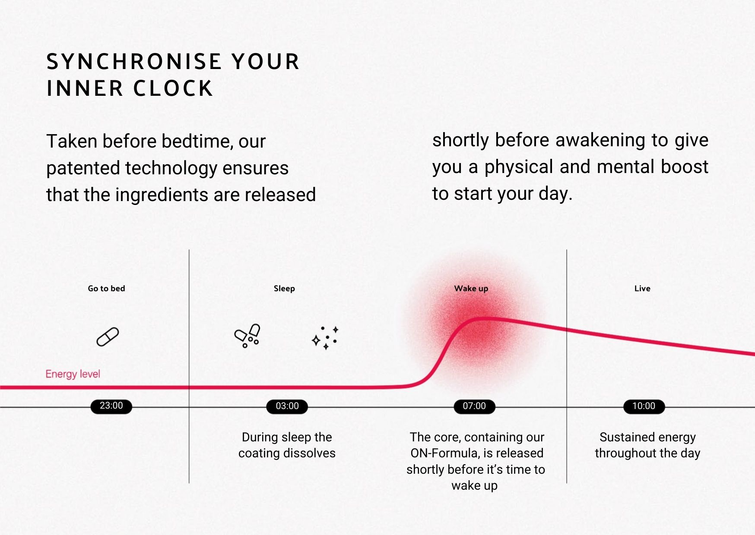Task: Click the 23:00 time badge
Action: coord(111,406)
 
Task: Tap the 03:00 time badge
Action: coord(287,406)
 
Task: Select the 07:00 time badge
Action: coord(474,406)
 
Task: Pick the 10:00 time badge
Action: coord(644,406)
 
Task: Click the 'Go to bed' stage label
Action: coord(106,289)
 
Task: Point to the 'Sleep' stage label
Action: coord(284,289)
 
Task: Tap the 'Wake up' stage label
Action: coord(471,289)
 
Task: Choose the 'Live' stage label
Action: coord(642,289)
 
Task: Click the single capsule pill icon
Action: coord(108,337)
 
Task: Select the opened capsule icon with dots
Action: coord(247,336)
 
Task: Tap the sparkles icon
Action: coord(325,338)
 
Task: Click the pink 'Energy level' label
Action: coord(73,374)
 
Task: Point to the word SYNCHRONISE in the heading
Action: coord(134,62)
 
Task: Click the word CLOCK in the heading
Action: coord(173,88)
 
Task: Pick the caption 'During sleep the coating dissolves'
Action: coord(287,445)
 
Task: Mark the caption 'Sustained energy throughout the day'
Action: coord(647,445)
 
